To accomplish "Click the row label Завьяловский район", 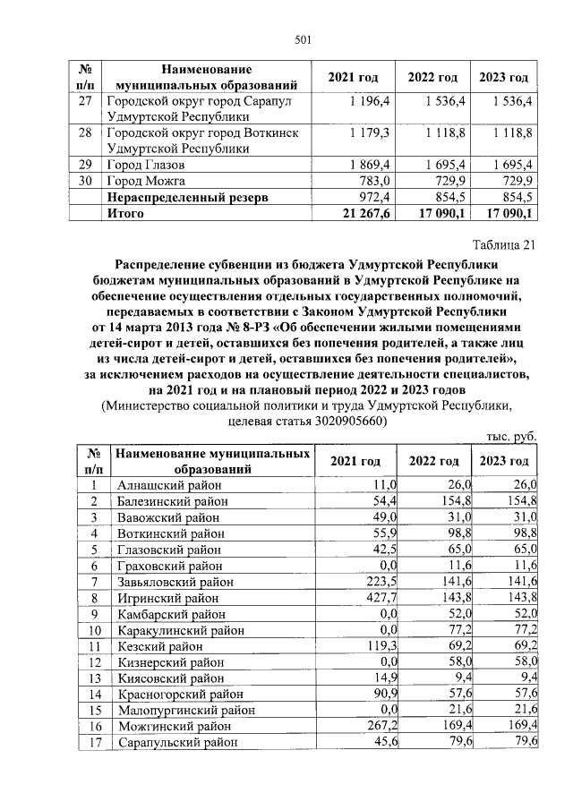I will click(x=175, y=582).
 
